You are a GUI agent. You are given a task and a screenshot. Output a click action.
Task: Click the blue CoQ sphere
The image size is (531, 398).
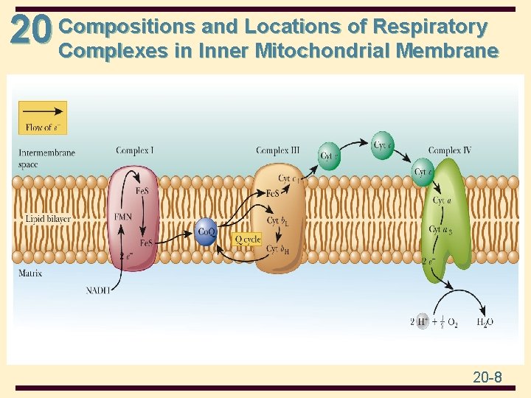click(x=206, y=231)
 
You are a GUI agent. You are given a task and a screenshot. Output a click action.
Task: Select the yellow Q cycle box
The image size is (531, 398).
click(x=247, y=239)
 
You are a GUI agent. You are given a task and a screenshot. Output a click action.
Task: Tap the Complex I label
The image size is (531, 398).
click(x=135, y=151)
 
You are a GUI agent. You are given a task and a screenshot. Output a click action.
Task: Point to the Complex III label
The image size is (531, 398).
click(x=277, y=151)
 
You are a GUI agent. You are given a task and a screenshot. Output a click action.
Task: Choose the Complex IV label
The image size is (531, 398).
click(x=449, y=151)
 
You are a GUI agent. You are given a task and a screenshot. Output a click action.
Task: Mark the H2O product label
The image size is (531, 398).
click(x=485, y=322)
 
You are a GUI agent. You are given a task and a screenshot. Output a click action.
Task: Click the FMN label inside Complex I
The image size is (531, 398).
click(x=123, y=217)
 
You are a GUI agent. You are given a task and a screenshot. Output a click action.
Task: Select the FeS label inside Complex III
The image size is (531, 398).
click(x=272, y=193)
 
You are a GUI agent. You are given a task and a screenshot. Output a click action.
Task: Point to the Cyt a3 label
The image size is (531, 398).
click(x=440, y=230)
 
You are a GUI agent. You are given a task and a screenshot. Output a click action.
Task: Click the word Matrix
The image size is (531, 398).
click(x=30, y=273)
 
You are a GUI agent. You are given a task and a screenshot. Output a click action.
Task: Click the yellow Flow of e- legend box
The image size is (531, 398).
click(x=43, y=117)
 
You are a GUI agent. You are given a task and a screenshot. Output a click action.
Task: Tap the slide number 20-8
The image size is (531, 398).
click(x=487, y=377)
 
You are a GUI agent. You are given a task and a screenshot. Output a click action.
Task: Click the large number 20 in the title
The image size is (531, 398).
click(x=31, y=31)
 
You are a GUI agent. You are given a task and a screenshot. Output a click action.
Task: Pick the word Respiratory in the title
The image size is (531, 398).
click(x=430, y=27)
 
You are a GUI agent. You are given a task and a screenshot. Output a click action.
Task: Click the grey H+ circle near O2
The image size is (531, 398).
click(x=422, y=321)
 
